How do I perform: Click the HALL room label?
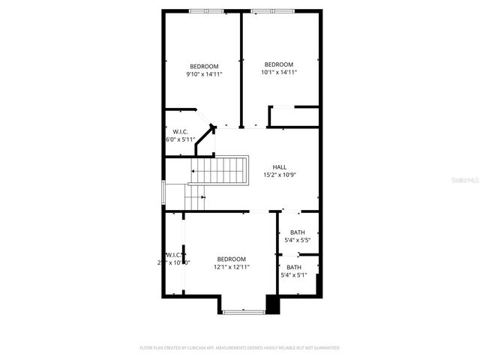[x=279, y=167]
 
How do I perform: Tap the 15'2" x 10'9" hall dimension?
[x=279, y=175]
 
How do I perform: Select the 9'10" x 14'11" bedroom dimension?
[x=204, y=73]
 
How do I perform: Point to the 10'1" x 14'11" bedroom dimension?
[x=279, y=72]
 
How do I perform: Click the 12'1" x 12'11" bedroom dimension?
[x=232, y=266]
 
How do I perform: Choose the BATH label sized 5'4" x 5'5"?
[x=298, y=232]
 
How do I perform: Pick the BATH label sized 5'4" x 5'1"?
[x=294, y=267]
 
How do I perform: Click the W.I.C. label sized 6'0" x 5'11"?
[x=180, y=132]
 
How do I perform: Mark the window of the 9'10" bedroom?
[x=205, y=10]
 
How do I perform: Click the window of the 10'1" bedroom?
[x=267, y=10]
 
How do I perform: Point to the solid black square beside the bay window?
[x=272, y=305]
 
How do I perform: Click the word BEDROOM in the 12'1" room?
[x=232, y=259]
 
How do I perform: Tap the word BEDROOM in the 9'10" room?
[x=204, y=66]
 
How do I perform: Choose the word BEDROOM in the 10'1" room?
[x=279, y=64]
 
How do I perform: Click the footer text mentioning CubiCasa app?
[x=240, y=348]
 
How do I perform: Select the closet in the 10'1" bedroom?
[x=294, y=117]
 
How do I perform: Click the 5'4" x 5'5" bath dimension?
[x=298, y=240]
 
